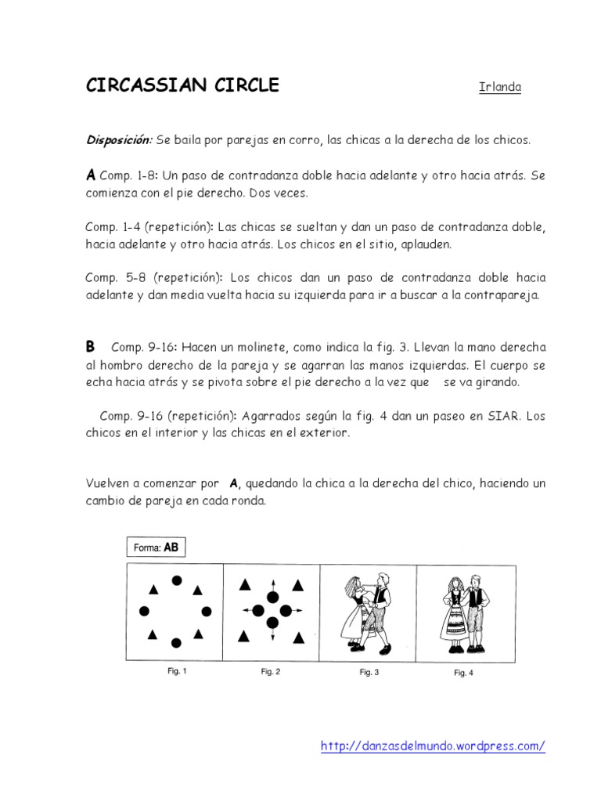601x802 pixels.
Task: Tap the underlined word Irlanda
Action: (x=499, y=87)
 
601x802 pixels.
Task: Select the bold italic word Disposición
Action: (x=118, y=140)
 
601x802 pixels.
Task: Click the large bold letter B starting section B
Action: (x=91, y=346)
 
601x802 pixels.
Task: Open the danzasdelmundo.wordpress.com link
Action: (x=433, y=746)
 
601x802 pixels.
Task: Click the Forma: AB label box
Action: (x=157, y=548)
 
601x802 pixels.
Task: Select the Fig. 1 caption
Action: (x=177, y=671)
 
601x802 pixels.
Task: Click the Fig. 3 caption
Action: (x=369, y=672)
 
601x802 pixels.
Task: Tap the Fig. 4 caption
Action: (x=464, y=672)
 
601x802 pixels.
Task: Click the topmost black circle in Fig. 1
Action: (x=177, y=580)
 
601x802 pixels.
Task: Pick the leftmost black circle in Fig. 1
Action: (x=144, y=611)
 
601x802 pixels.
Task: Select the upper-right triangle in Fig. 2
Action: (x=298, y=585)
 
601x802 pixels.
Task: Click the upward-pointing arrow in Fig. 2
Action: (x=272, y=584)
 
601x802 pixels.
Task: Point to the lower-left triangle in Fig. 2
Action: (x=245, y=634)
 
